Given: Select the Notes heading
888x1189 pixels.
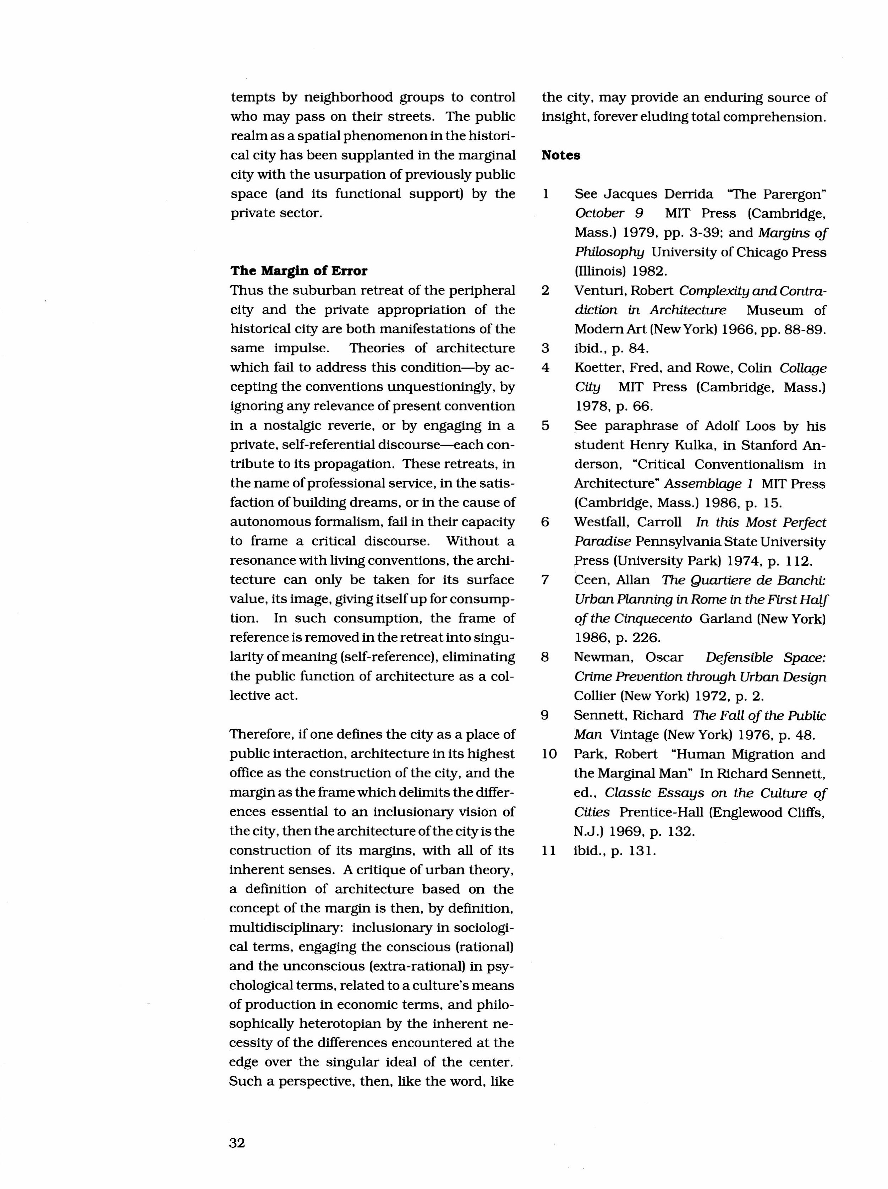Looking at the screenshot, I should [560, 155].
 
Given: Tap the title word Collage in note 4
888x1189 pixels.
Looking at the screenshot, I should [802, 368].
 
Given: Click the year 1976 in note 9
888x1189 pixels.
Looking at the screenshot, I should [760, 735].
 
